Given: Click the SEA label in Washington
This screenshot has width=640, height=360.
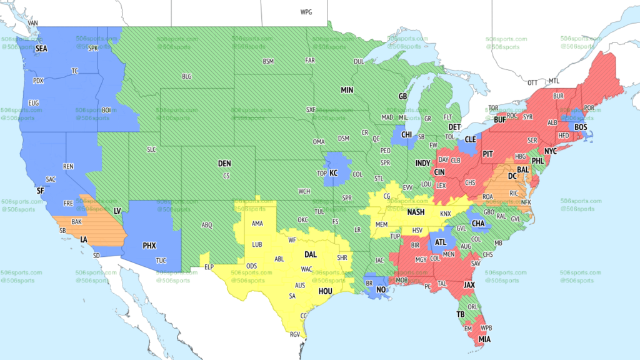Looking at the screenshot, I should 41,48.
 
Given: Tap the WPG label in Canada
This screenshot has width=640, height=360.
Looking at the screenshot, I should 306,12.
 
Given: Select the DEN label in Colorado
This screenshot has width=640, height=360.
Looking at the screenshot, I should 224,164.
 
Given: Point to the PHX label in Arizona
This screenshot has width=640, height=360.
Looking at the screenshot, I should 149,246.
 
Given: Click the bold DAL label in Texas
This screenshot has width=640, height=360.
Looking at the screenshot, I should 311,255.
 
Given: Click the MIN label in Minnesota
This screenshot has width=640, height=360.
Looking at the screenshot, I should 347,90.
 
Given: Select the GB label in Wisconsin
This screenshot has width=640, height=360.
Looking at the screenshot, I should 403,97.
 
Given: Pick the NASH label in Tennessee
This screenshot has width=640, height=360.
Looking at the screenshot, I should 416,212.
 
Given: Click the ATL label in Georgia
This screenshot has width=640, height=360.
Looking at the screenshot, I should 441,242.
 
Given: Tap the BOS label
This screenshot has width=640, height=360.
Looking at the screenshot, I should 581,127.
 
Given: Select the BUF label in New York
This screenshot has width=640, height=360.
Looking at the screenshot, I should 499,119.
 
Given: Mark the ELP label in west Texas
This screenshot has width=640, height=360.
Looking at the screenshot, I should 209,267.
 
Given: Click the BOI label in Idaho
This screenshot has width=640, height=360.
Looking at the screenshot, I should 106,110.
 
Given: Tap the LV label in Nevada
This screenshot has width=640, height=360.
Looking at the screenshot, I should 117,212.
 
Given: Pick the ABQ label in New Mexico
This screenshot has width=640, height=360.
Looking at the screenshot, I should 207,225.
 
